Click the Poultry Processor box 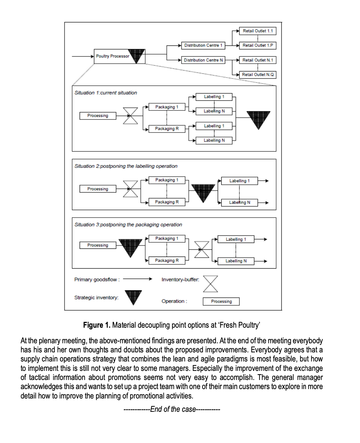click(x=112, y=56)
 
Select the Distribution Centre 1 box click(x=203, y=45)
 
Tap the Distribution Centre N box click(x=203, y=60)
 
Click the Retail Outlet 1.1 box click(x=258, y=31)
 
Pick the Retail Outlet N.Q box click(x=258, y=75)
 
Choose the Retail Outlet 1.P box click(x=258, y=45)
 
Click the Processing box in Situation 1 click(x=98, y=116)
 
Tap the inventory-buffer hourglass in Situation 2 click(x=130, y=189)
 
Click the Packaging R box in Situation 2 click(x=167, y=202)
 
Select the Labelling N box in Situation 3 click(x=236, y=261)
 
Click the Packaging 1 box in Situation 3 click(x=167, y=239)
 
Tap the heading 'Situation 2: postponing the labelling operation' click(x=126, y=166)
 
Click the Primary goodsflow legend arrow click(x=137, y=279)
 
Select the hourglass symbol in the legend click(x=210, y=284)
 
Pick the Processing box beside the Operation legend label click(x=221, y=301)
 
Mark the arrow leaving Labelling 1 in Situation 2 click(x=264, y=181)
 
